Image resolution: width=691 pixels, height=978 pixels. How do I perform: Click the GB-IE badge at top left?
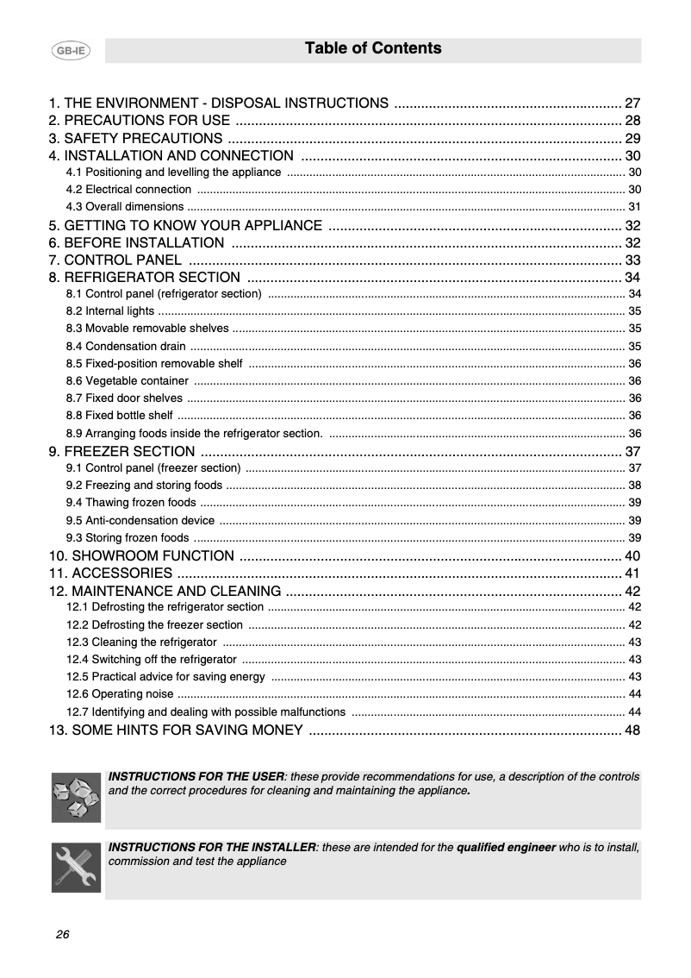71,52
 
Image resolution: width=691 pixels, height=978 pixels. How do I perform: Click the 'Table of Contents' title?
373,49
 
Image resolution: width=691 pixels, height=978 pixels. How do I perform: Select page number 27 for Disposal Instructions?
632,103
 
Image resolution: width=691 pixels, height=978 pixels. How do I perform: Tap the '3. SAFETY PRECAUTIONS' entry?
136,138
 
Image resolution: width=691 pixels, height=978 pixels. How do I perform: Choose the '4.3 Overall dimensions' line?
125,206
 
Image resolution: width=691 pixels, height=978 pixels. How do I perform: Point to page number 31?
634,206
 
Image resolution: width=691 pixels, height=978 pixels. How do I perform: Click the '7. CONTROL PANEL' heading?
115,260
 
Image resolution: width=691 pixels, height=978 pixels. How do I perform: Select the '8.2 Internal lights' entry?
110,310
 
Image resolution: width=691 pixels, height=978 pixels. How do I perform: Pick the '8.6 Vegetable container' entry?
127,380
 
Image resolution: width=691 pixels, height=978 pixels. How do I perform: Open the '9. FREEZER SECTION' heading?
121,451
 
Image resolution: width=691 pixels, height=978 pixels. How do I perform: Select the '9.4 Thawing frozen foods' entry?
131,502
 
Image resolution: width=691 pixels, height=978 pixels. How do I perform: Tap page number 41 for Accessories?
632,574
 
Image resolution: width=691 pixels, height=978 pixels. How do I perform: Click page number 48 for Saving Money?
632,730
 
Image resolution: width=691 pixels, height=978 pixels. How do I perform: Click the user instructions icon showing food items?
76,797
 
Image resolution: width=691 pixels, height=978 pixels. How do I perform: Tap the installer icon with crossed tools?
76,868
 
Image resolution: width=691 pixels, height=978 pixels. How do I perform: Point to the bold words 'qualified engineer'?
506,848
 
